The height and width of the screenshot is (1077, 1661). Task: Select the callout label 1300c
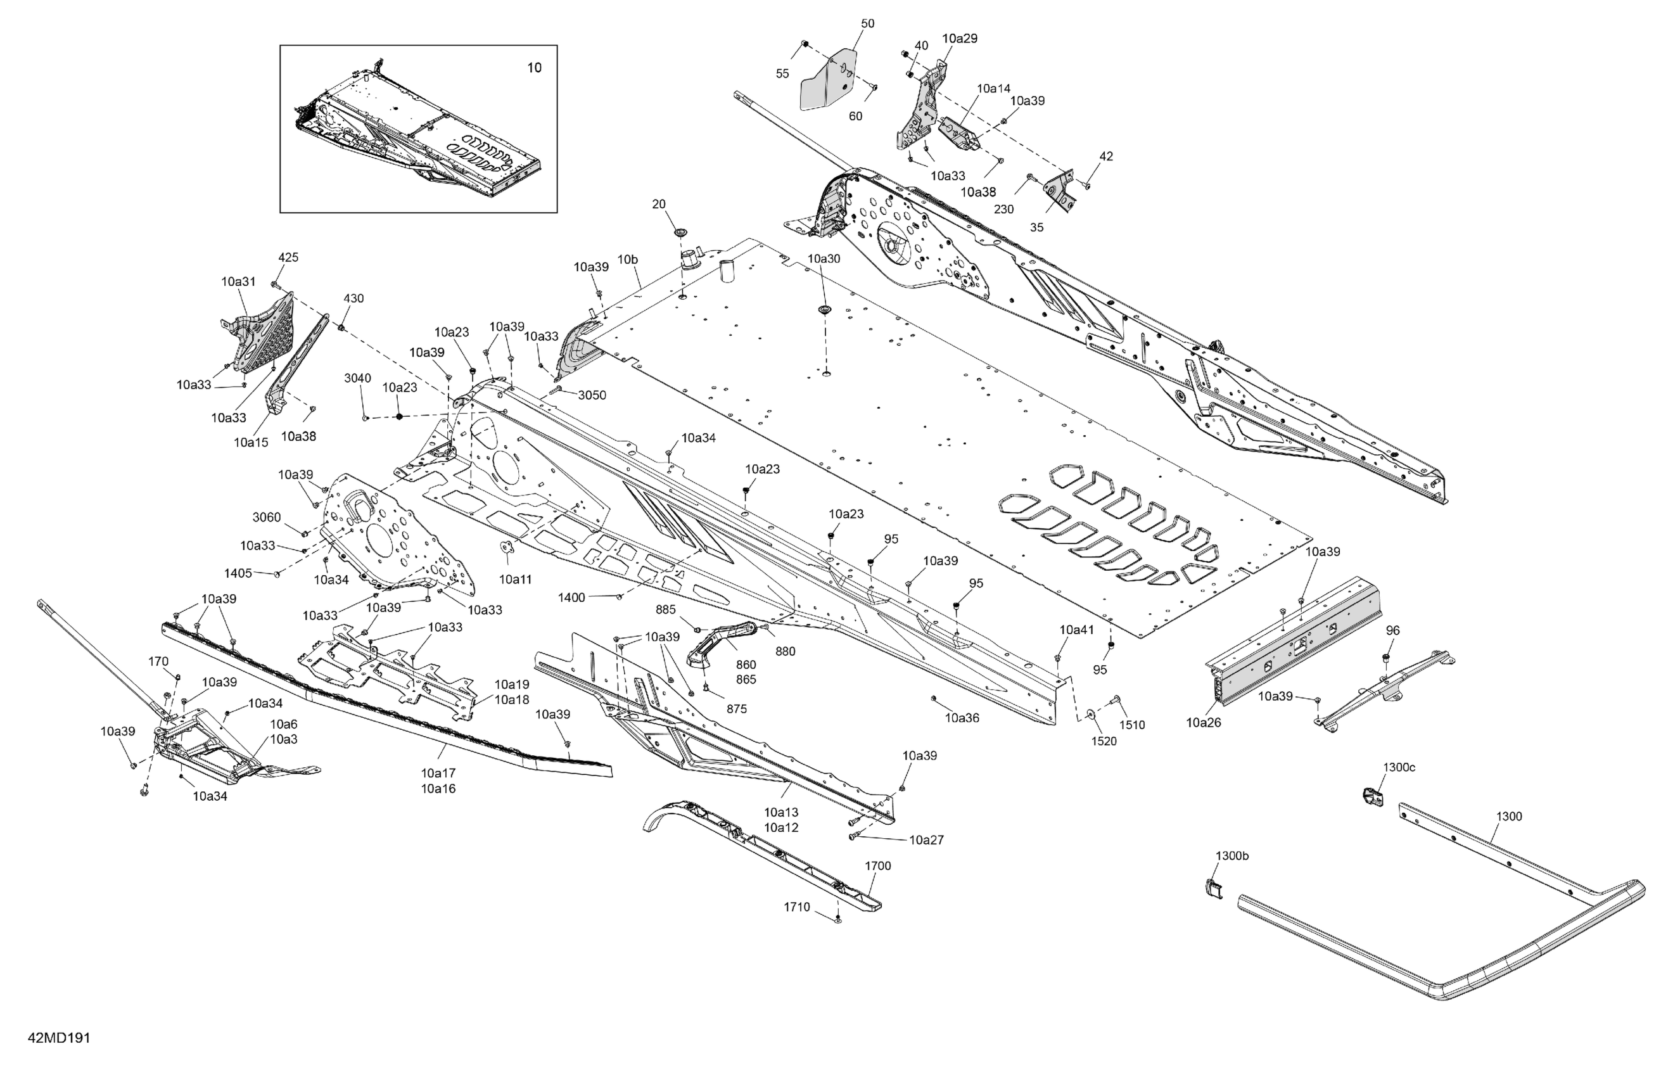(1399, 768)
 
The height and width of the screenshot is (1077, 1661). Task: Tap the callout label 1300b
(1231, 856)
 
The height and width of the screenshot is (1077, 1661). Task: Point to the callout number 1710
(796, 907)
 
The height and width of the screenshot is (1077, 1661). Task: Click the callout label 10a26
(1203, 723)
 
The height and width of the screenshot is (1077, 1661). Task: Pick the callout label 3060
(266, 517)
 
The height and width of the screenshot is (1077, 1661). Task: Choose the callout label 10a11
(515, 579)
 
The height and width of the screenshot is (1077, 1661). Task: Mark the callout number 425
(288, 258)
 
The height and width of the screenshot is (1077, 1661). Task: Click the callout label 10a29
(960, 39)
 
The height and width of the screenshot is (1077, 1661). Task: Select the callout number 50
(867, 23)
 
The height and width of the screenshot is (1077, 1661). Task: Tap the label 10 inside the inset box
(533, 68)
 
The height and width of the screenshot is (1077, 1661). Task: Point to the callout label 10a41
(1077, 630)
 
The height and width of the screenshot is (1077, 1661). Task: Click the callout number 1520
(1104, 741)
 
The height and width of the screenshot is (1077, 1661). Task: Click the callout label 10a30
(824, 258)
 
